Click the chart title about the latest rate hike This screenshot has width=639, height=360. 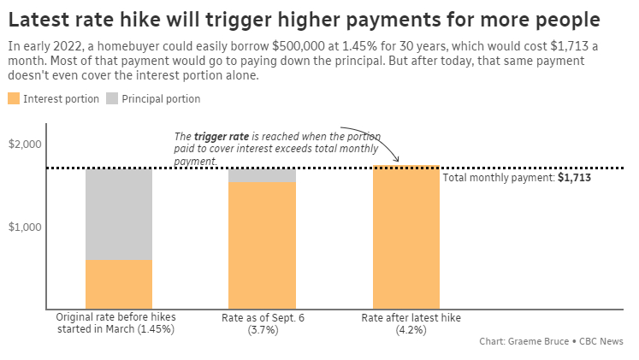[303, 19]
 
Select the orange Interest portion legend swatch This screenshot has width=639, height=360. [14, 98]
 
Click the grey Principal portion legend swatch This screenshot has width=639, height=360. [112, 98]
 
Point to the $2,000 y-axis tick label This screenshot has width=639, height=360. [26, 145]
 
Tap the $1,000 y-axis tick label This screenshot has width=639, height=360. [26, 227]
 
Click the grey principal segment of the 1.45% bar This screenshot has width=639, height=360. [119, 214]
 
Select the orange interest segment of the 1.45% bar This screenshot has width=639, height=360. [119, 283]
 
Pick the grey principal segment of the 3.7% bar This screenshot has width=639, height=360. [262, 175]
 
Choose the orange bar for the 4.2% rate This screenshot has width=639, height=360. [405, 237]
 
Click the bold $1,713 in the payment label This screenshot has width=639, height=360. [574, 178]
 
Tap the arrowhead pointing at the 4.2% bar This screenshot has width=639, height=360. [398, 159]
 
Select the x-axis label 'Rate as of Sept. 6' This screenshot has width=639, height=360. [263, 317]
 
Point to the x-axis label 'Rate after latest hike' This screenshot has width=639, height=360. [411, 317]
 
